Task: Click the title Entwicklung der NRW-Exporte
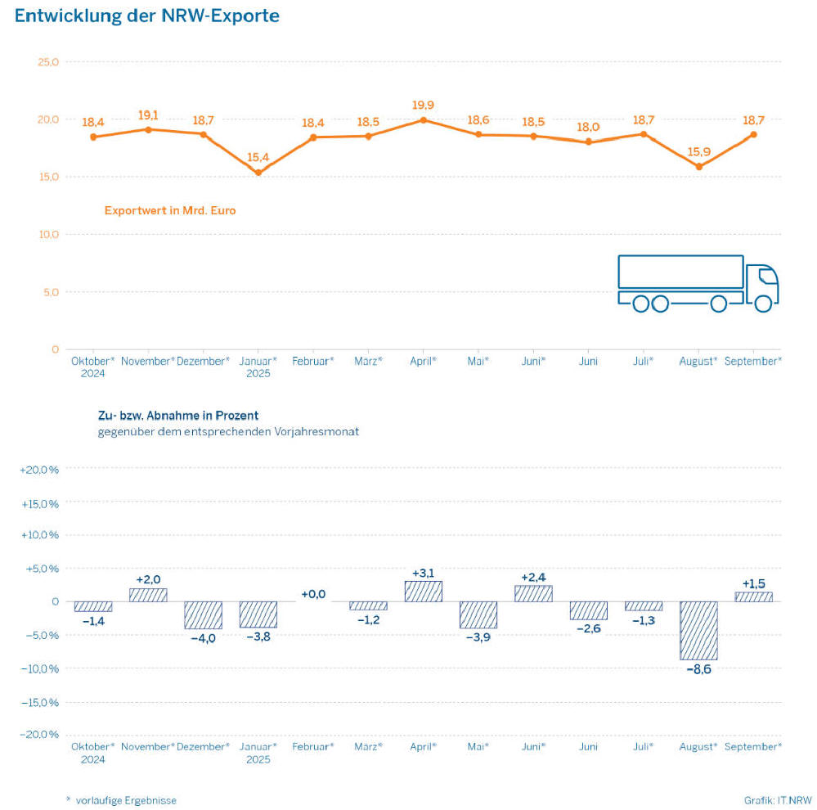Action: [147, 16]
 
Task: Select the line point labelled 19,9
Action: [423, 120]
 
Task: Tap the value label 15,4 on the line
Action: [258, 156]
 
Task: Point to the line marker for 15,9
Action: [699, 167]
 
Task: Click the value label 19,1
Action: [148, 115]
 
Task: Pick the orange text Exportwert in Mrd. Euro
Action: [170, 210]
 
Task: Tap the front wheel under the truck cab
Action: [763, 304]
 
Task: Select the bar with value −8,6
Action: [699, 630]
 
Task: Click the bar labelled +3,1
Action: [423, 591]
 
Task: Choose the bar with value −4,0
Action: [203, 614]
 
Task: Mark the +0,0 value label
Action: [313, 594]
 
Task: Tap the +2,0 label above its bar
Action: [148, 579]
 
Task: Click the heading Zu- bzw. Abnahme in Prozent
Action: [178, 416]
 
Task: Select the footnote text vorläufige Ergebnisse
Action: [126, 800]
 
